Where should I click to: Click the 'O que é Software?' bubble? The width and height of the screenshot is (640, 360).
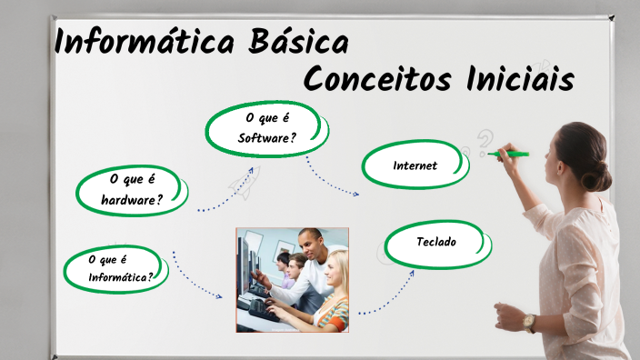(266, 128)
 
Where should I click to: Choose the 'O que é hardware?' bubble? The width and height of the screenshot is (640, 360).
(133, 189)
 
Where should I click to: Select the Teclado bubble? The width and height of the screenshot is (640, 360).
(436, 243)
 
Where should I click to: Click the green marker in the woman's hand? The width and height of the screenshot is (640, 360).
(510, 155)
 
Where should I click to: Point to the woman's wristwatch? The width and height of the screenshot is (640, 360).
(529, 322)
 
